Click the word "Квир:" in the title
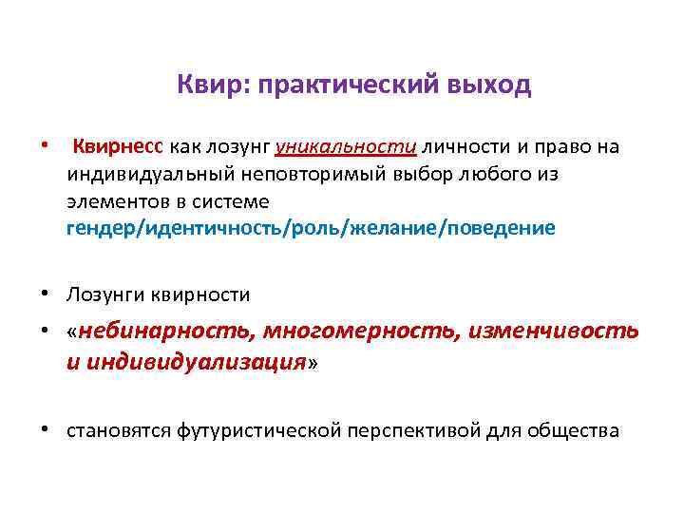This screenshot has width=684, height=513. pos(200,86)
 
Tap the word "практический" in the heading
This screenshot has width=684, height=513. pos(328,86)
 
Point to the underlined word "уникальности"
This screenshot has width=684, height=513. pos(345,146)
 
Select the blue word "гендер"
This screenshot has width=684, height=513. pos(103,229)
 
